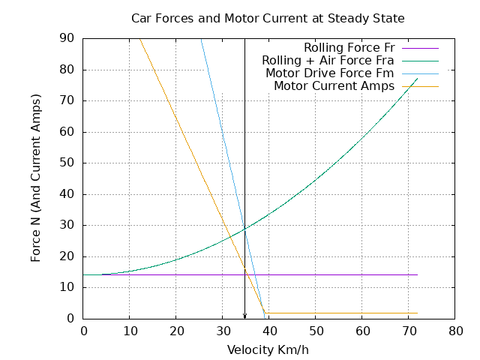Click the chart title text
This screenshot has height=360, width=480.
tap(268, 17)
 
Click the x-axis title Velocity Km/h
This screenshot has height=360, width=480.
tap(268, 349)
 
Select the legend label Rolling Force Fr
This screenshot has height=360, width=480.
tap(349, 47)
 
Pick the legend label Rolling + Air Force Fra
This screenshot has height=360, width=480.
tap(328, 60)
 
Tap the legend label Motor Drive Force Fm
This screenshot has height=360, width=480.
tap(330, 73)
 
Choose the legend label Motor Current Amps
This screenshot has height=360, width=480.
tap(334, 85)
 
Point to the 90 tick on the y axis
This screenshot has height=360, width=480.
tap(67, 38)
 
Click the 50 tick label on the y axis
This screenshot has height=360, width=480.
tap(67, 163)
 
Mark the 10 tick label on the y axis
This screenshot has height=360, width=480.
tap(67, 287)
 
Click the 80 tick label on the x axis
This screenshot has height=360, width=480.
tap(454, 330)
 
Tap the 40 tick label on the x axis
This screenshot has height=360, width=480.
tap(268, 330)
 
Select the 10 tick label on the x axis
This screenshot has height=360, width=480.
tap(129, 330)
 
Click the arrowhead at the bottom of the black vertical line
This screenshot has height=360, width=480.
tap(244, 316)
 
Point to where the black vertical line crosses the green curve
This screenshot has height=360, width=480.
tap(244, 228)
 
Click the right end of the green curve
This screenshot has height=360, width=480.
tap(417, 78)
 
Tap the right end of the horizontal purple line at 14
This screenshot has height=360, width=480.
tap(417, 274)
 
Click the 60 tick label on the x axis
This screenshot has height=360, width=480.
tap(361, 330)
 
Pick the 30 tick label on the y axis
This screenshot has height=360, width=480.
tap(67, 225)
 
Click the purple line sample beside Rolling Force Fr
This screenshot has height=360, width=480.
tap(420, 47)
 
